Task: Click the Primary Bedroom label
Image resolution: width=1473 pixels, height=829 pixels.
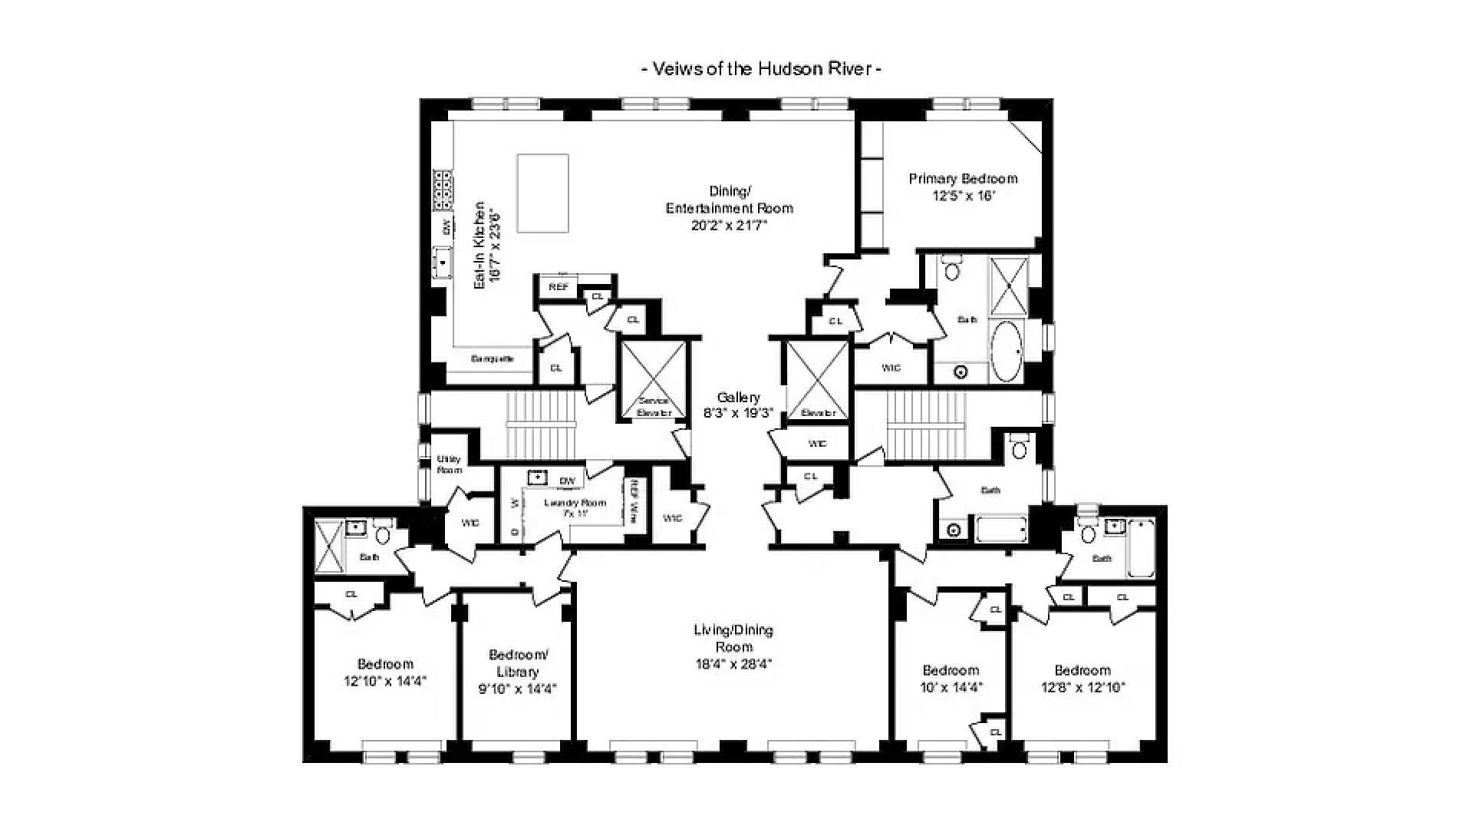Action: [963, 179]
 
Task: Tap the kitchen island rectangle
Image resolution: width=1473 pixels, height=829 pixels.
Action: [542, 193]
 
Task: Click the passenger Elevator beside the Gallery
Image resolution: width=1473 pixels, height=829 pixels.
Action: [818, 380]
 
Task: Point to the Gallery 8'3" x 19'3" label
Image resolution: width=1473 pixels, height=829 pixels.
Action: [738, 405]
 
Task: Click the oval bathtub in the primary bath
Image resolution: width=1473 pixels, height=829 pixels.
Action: [1007, 352]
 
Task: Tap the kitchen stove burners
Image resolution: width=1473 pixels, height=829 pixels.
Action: [443, 190]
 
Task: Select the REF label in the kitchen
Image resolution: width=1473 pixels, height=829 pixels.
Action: [559, 287]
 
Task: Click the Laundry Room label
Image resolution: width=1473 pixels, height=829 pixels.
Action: [575, 507]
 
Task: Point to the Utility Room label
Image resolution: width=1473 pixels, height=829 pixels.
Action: [449, 464]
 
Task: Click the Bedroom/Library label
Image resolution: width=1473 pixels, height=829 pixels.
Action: [518, 663]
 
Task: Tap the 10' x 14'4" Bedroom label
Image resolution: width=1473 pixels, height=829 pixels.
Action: [951, 679]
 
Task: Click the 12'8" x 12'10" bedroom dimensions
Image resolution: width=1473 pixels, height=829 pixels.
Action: [1082, 688]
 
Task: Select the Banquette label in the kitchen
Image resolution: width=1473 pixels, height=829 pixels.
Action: [492, 358]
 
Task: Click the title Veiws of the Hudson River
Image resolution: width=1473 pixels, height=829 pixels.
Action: [760, 68]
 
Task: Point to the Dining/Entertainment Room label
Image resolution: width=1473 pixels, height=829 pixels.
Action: [729, 200]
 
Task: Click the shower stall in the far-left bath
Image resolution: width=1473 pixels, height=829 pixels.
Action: [328, 546]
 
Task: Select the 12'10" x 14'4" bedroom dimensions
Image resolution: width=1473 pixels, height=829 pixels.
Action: [384, 681]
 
